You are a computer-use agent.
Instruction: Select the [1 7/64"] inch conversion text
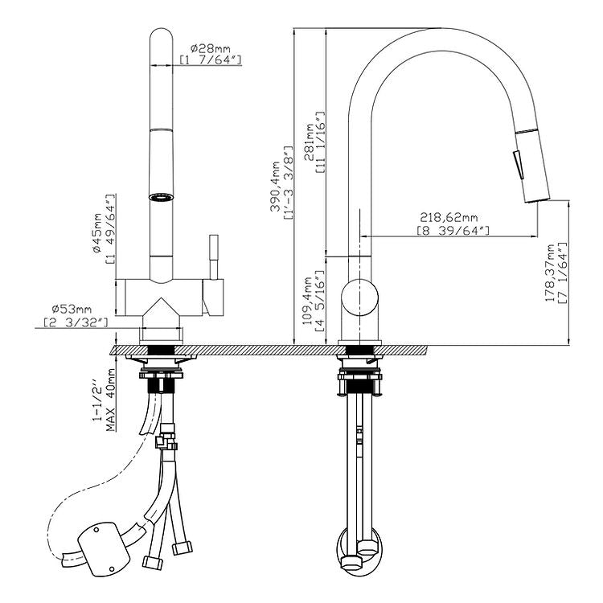click(211, 60)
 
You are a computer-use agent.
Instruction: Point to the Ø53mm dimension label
click(72, 310)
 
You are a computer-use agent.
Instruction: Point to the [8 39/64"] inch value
click(453, 231)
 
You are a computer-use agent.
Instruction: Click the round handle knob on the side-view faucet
click(359, 297)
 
